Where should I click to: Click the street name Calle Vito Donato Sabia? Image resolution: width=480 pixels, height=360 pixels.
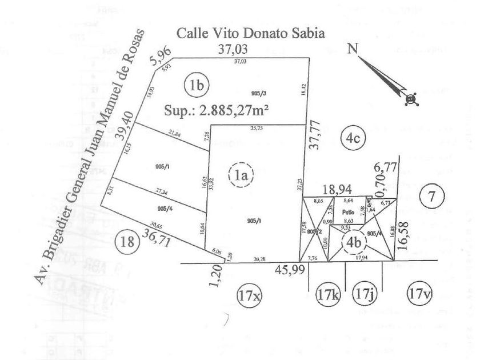point(251,33)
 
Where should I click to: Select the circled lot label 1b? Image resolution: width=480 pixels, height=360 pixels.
point(197,86)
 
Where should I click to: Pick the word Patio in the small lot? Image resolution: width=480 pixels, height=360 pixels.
point(349,211)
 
